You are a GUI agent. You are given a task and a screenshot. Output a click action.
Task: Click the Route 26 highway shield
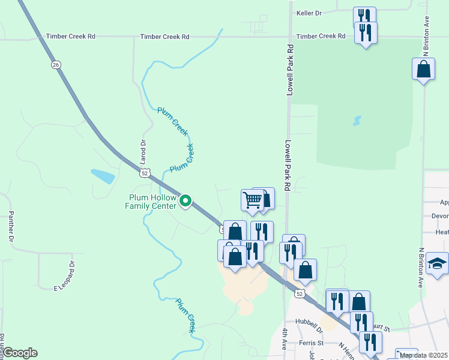pos(55,64)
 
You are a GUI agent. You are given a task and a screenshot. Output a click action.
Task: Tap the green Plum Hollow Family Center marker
pos(186,201)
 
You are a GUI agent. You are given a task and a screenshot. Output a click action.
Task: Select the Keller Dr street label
pos(309,13)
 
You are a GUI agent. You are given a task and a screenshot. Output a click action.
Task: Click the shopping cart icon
pos(253,199)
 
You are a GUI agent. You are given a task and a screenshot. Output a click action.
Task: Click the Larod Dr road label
pos(143,152)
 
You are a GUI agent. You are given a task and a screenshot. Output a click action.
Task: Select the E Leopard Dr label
pos(64,275)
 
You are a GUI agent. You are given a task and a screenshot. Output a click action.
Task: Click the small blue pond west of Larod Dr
pos(103,176)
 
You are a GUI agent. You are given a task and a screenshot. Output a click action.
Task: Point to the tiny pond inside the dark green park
pos(358,121)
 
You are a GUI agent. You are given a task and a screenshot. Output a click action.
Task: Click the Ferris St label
pos(312,343)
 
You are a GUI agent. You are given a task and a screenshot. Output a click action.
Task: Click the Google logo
pos(20,353)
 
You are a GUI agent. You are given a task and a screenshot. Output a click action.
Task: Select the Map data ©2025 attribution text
pos(423,355)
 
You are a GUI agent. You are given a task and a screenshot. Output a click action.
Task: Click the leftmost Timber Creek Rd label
pos(71,37)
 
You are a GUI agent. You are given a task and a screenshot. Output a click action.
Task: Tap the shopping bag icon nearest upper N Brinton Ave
pos(423,69)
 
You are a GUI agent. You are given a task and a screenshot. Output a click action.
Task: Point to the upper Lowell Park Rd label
pos(289,71)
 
